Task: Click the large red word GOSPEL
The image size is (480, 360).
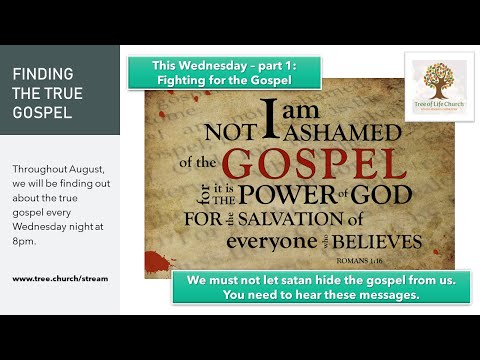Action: pyautogui.click(x=306, y=164)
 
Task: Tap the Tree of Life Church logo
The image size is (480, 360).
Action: pyautogui.click(x=439, y=87)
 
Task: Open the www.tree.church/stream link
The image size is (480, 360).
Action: pyautogui.click(x=60, y=278)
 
